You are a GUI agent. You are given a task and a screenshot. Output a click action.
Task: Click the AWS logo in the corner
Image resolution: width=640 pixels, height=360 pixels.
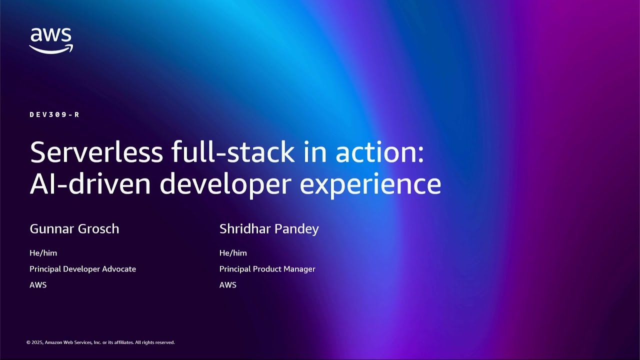coord(50,40)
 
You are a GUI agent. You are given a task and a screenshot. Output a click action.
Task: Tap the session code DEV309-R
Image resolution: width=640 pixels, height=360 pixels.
coord(54,114)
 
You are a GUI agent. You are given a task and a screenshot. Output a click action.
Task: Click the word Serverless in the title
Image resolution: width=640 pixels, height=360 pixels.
coord(96,152)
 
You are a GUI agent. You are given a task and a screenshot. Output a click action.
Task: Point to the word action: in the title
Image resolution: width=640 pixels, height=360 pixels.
coord(379,152)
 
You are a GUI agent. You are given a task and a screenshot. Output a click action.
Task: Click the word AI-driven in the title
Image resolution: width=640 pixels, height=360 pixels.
coord(90,183)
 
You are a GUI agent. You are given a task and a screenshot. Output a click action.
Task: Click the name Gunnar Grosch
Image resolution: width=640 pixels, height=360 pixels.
coord(74,229)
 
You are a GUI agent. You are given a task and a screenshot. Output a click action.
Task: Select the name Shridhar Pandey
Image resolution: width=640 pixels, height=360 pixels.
coord(269,229)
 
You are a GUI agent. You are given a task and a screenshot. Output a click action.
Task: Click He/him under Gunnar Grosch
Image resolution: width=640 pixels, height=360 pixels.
coord(43,253)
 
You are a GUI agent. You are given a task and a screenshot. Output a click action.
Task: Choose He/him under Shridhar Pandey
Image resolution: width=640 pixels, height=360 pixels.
coord(233,253)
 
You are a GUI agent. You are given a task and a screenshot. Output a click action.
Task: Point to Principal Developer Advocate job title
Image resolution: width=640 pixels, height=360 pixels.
coord(82,269)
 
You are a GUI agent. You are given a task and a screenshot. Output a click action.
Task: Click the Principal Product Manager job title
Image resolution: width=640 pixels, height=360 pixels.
coord(267,269)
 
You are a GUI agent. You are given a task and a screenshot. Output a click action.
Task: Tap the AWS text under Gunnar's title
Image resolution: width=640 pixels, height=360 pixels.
coord(38,285)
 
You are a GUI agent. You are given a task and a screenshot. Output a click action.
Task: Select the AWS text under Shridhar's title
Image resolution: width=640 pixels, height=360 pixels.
coord(228,285)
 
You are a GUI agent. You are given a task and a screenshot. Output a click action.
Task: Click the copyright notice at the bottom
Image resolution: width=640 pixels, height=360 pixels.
coord(100,342)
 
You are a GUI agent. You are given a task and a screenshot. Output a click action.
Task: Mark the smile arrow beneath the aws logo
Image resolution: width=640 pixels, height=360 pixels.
coord(51,49)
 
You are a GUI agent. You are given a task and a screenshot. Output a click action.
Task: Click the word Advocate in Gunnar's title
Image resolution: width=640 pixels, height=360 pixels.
coord(119,269)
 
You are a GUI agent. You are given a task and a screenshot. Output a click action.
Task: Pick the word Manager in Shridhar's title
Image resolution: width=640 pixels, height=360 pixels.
coord(298,269)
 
